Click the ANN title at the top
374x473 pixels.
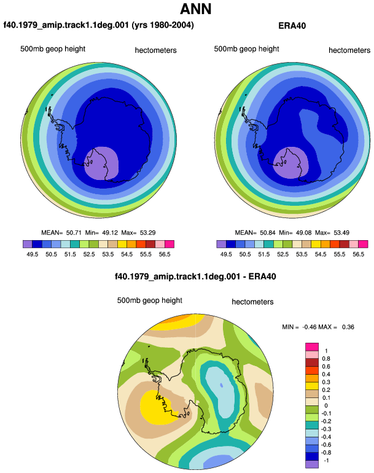[x=195, y=9]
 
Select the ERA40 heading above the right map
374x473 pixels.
[x=292, y=26]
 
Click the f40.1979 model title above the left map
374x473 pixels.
[x=98, y=25]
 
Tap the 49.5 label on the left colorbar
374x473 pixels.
[x=33, y=254]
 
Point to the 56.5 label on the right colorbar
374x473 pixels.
[x=358, y=254]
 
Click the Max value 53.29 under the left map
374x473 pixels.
[x=148, y=233]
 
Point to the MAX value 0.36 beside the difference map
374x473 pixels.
[x=348, y=327]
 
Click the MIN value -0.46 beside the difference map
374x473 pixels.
[x=309, y=327]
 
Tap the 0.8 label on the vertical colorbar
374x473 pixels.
[x=326, y=359]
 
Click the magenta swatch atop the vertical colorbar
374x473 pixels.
[x=312, y=347]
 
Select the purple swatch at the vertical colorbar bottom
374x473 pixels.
[x=312, y=464]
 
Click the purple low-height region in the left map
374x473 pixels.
[x=101, y=163]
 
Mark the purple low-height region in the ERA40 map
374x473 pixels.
[x=290, y=163]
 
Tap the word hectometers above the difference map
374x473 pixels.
[x=253, y=302]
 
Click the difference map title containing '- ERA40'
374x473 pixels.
[x=195, y=276]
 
